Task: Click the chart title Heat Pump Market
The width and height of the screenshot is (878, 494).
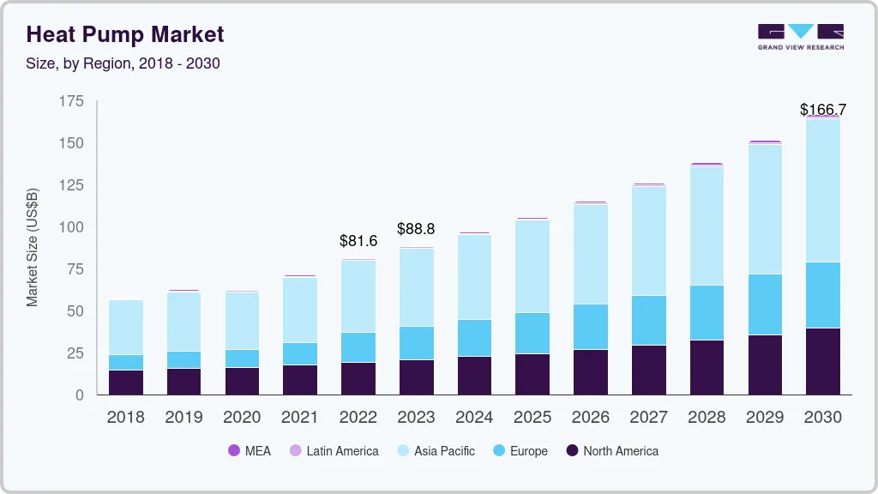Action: [x=125, y=34]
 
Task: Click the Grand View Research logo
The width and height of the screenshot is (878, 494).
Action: [x=800, y=37]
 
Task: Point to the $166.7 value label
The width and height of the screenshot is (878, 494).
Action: [x=822, y=110]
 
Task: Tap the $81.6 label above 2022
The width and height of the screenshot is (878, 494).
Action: [x=358, y=241]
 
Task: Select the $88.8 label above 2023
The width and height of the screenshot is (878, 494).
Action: [x=417, y=229]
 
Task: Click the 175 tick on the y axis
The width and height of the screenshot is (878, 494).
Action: [x=71, y=102]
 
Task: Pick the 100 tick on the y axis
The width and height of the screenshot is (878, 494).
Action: [x=71, y=227]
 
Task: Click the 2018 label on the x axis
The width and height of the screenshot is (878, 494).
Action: [x=125, y=418]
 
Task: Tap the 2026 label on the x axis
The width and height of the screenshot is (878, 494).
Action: [x=591, y=418]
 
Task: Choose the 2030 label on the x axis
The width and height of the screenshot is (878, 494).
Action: [x=823, y=418]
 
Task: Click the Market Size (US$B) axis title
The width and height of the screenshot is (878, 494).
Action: [x=33, y=246]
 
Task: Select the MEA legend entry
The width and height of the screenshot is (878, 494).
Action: [x=249, y=451]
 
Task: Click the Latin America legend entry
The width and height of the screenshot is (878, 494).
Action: [x=334, y=451]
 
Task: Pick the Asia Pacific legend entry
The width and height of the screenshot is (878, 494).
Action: [x=436, y=451]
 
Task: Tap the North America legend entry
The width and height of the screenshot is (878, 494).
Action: [x=612, y=451]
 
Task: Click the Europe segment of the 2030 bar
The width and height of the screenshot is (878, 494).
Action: [x=823, y=295]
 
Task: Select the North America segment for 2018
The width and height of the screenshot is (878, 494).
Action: [x=126, y=383]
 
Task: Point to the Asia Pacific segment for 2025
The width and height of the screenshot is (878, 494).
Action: [x=532, y=267]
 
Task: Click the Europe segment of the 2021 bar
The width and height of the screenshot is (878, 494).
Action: [x=300, y=353]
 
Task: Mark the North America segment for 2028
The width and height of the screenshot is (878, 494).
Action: [x=707, y=367]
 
